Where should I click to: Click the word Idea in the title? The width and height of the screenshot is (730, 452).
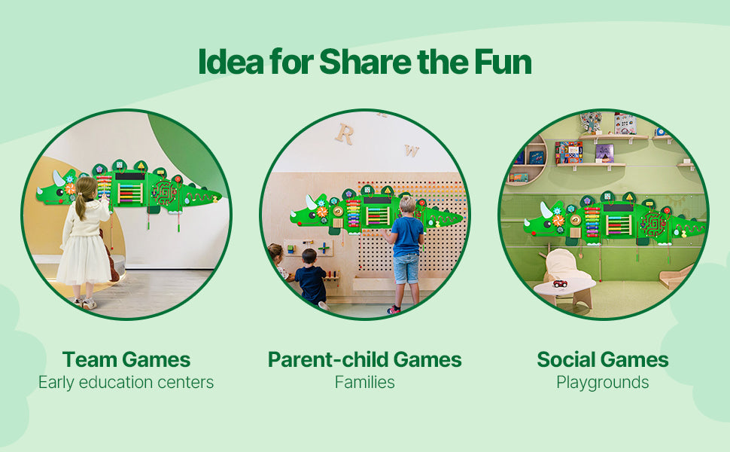[231, 62]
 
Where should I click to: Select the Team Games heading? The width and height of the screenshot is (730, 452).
[126, 360]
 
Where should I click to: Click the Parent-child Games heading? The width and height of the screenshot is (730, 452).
[364, 360]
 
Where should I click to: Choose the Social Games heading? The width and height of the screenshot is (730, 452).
[602, 360]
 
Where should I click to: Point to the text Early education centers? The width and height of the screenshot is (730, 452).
[126, 382]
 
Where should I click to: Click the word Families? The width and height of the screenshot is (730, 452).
[364, 382]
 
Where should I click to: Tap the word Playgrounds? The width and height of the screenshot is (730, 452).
[602, 383]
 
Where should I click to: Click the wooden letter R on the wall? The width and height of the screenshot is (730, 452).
[345, 134]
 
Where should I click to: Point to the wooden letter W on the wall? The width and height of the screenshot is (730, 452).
[412, 150]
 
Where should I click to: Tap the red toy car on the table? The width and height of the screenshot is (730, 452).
[560, 283]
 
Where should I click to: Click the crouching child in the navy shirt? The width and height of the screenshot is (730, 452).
[310, 278]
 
